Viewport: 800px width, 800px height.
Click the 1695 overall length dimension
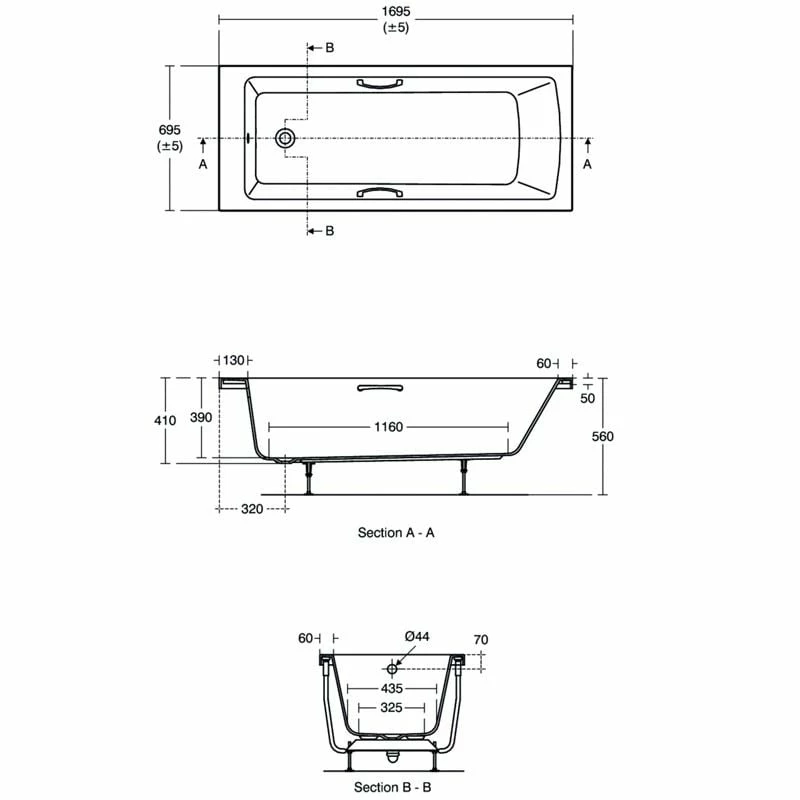click(396, 11)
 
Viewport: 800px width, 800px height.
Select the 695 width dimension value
click(170, 130)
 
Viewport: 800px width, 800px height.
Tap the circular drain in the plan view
click(287, 138)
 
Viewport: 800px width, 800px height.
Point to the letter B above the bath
click(328, 48)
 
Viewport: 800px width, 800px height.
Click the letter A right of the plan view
click(587, 163)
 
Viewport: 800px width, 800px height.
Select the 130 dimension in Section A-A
click(233, 360)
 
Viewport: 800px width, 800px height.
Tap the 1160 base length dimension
click(388, 427)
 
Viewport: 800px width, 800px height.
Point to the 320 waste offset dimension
click(251, 509)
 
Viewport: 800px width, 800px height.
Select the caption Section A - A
click(396, 533)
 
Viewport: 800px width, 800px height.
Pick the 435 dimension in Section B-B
click(391, 690)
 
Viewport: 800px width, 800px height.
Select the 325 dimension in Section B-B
click(391, 708)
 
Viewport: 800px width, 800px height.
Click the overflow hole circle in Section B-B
click(392, 668)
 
